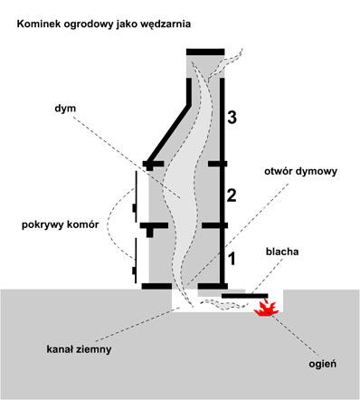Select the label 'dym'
click(65, 109)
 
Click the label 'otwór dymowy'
click(300, 172)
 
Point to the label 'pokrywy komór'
click(61, 225)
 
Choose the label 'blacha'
click(282, 252)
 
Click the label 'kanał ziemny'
click(79, 349)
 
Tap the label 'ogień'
click(322, 364)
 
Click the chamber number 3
click(232, 118)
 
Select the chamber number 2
click(232, 195)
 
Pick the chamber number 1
click(232, 259)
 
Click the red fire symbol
click(266, 308)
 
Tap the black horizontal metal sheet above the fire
click(245, 296)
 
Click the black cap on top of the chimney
click(205, 52)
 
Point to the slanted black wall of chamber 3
click(169, 135)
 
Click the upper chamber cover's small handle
click(134, 208)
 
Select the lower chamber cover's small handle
click(134, 271)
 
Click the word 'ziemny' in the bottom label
click(95, 349)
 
